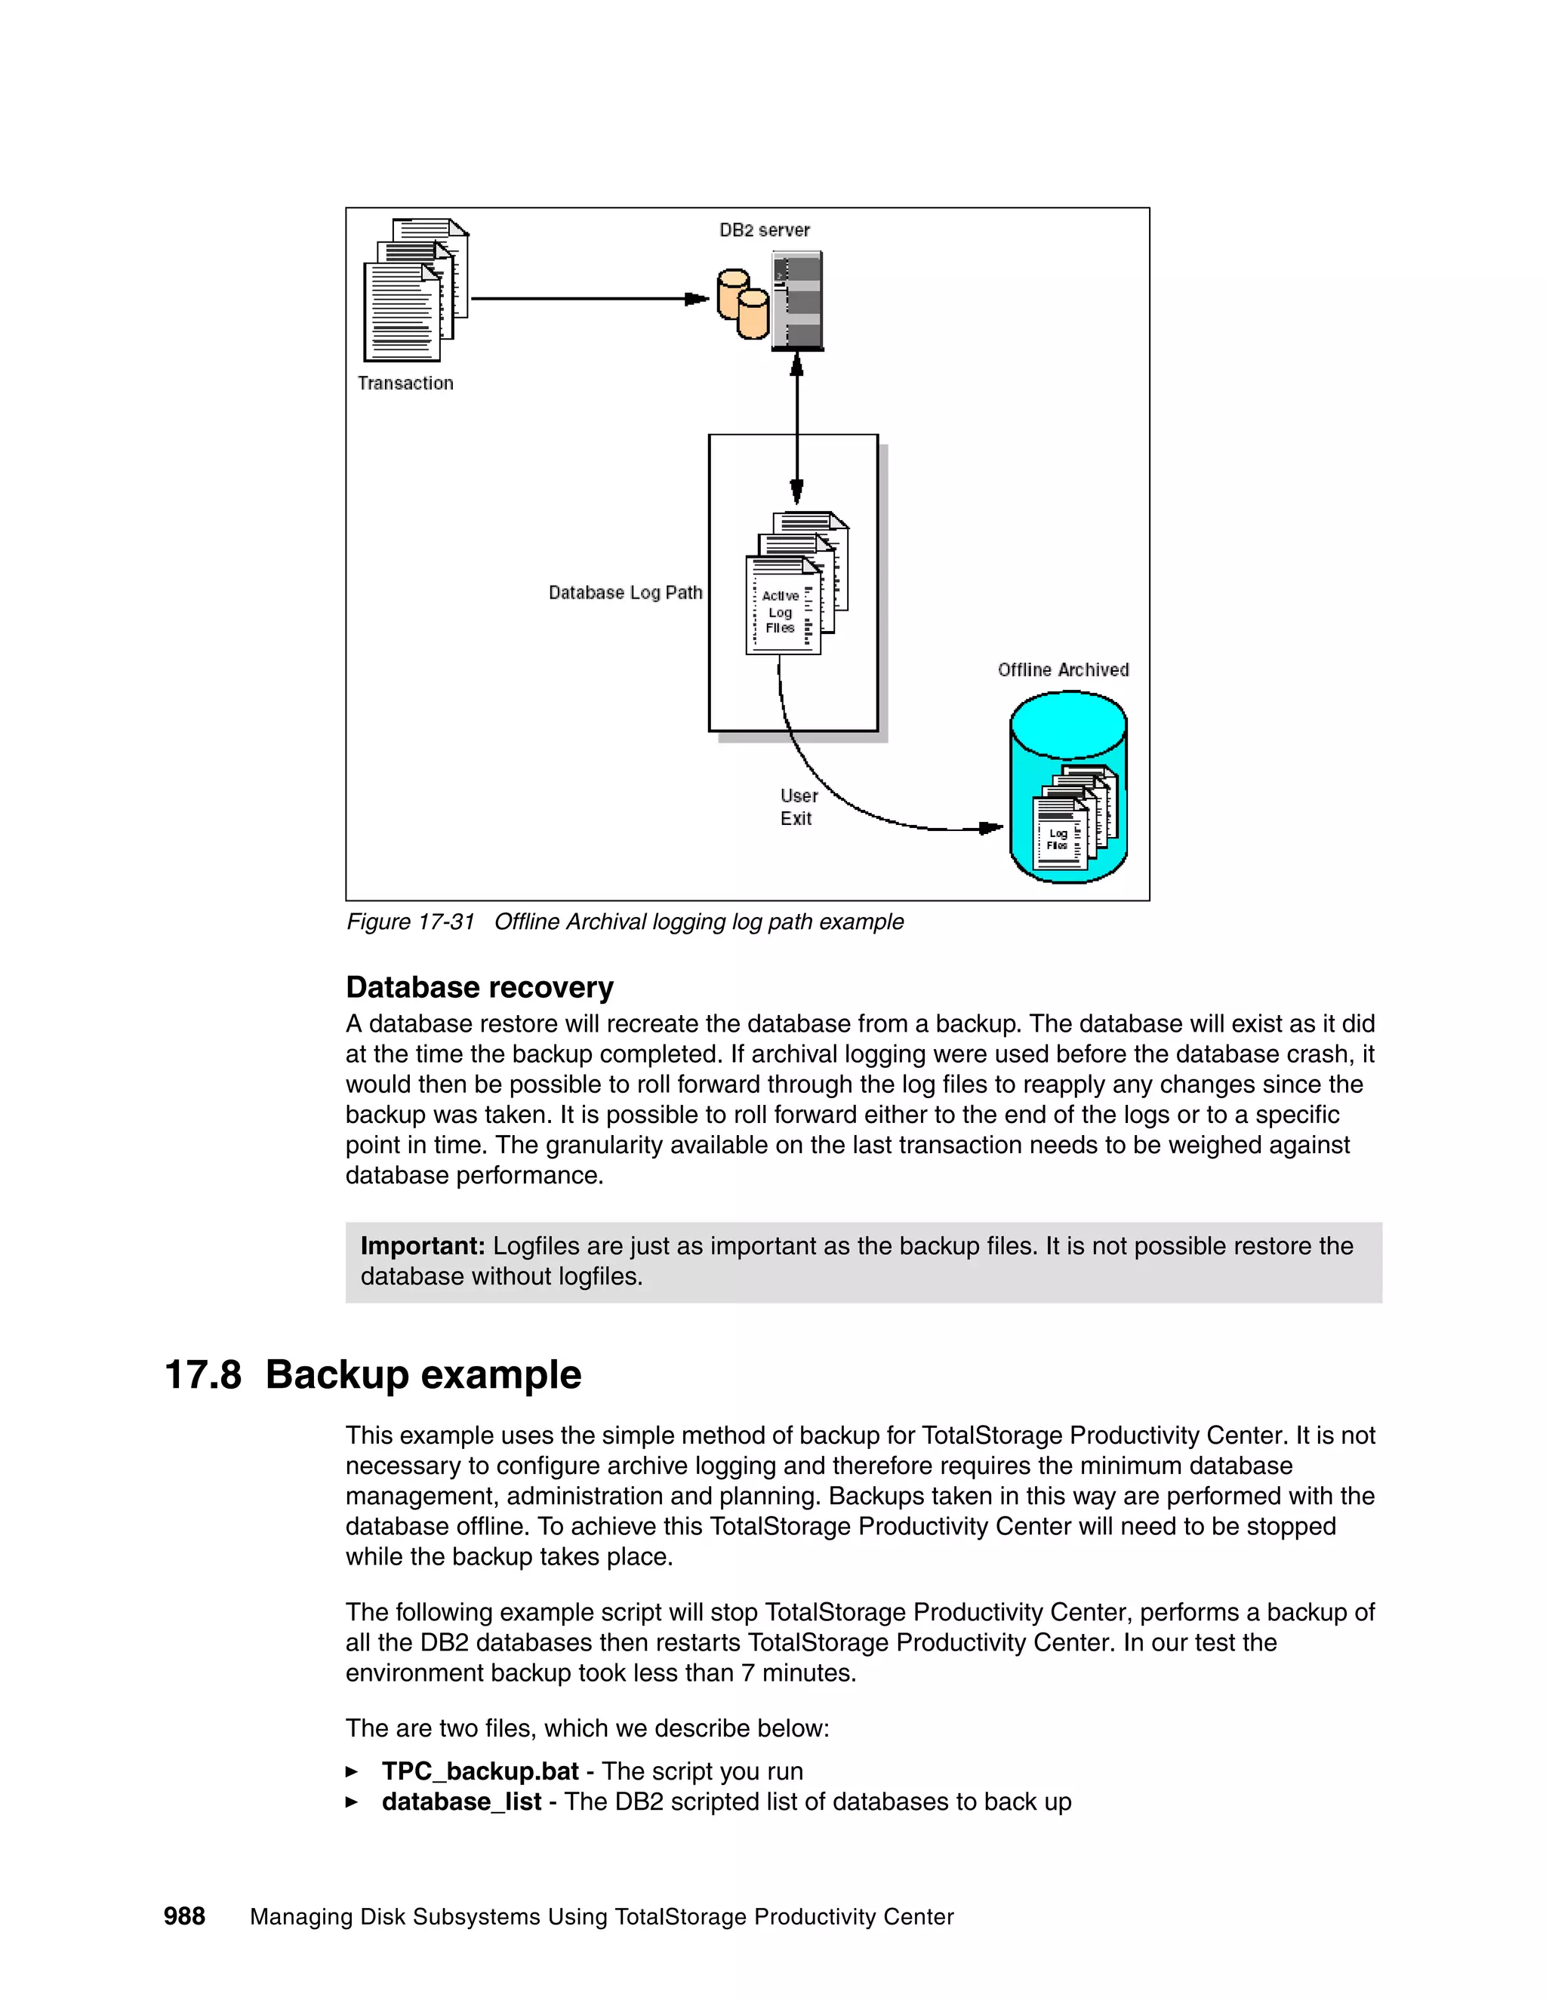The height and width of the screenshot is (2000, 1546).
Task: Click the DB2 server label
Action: click(x=764, y=230)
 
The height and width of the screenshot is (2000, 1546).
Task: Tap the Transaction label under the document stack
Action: click(x=405, y=383)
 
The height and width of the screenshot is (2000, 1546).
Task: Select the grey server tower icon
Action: click(x=798, y=301)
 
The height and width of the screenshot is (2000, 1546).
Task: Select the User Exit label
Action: click(x=798, y=807)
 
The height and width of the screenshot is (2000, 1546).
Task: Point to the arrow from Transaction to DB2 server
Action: click(x=586, y=299)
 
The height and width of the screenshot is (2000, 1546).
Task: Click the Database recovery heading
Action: click(x=479, y=987)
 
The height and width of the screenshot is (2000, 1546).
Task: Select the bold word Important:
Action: click(x=422, y=1245)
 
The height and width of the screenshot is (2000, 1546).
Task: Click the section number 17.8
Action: click(x=202, y=1374)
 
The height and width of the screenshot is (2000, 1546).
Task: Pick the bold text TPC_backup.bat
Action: click(x=480, y=1771)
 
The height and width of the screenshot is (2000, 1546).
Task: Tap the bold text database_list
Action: click(x=460, y=1802)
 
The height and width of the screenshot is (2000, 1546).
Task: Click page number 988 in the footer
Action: click(x=184, y=1917)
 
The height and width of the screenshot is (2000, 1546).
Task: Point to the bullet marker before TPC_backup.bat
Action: click(x=352, y=1772)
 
